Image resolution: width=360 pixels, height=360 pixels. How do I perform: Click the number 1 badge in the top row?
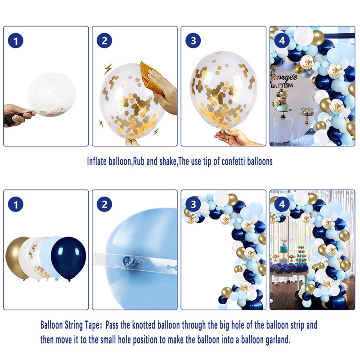16,41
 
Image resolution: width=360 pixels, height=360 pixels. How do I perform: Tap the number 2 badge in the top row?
104,40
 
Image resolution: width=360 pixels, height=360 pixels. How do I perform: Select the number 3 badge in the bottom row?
193,204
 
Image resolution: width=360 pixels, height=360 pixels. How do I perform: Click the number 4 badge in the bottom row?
282,204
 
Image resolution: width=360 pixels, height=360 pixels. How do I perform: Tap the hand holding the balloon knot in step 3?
237,137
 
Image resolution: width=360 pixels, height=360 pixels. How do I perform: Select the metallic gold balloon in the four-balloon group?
17,257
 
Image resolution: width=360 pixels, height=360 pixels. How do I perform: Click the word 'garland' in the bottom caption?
278,340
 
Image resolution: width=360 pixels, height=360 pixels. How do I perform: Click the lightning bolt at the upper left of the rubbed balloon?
108,69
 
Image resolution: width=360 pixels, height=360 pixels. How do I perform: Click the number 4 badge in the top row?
282,40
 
